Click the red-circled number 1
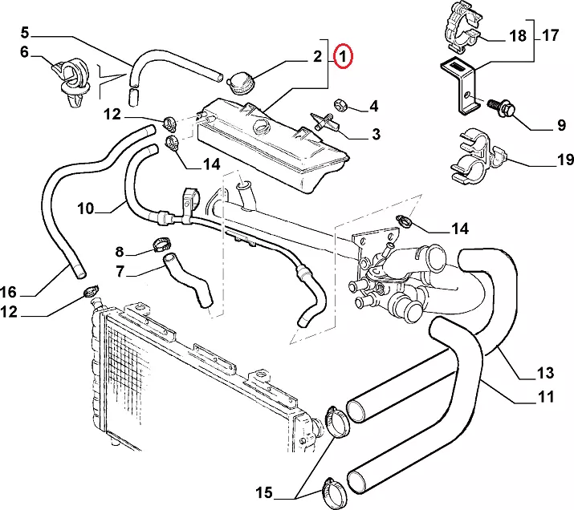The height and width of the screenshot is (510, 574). coord(344,56)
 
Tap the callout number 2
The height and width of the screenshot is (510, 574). coord(317,56)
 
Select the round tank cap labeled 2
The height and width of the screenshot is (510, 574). coord(239,83)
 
